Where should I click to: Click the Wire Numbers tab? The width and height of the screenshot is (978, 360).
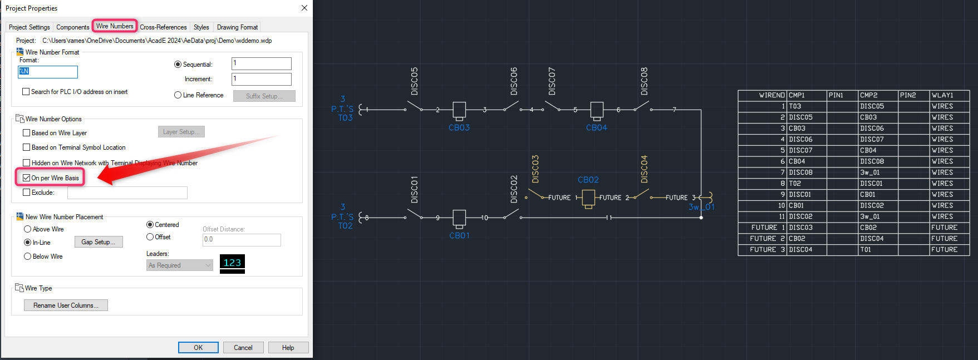(x=114, y=26)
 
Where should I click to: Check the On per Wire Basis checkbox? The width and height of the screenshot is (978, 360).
(x=27, y=178)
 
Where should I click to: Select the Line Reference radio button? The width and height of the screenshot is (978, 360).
(x=178, y=95)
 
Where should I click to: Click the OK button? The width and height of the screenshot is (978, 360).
(x=198, y=347)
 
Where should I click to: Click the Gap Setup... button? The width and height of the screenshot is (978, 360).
(x=99, y=242)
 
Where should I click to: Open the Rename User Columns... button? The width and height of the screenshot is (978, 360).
(x=66, y=305)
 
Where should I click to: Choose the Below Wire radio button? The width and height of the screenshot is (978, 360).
(x=27, y=257)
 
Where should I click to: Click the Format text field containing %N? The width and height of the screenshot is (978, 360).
(x=48, y=72)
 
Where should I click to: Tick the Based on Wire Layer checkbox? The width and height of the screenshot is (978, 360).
(x=27, y=133)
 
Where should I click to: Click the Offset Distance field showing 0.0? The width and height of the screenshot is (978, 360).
(x=241, y=240)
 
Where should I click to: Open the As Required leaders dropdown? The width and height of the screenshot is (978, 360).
(x=179, y=265)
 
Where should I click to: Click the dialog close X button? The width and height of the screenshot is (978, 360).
(x=304, y=8)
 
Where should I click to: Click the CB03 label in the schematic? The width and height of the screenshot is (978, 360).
(x=459, y=127)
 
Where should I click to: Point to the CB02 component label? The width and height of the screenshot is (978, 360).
(x=588, y=180)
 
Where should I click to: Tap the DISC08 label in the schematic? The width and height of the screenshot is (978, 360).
(x=644, y=81)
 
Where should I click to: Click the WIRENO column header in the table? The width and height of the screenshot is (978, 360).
(x=771, y=95)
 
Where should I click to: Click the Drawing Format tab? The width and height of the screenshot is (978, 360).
(x=237, y=27)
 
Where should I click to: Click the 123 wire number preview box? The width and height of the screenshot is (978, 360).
(x=232, y=263)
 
